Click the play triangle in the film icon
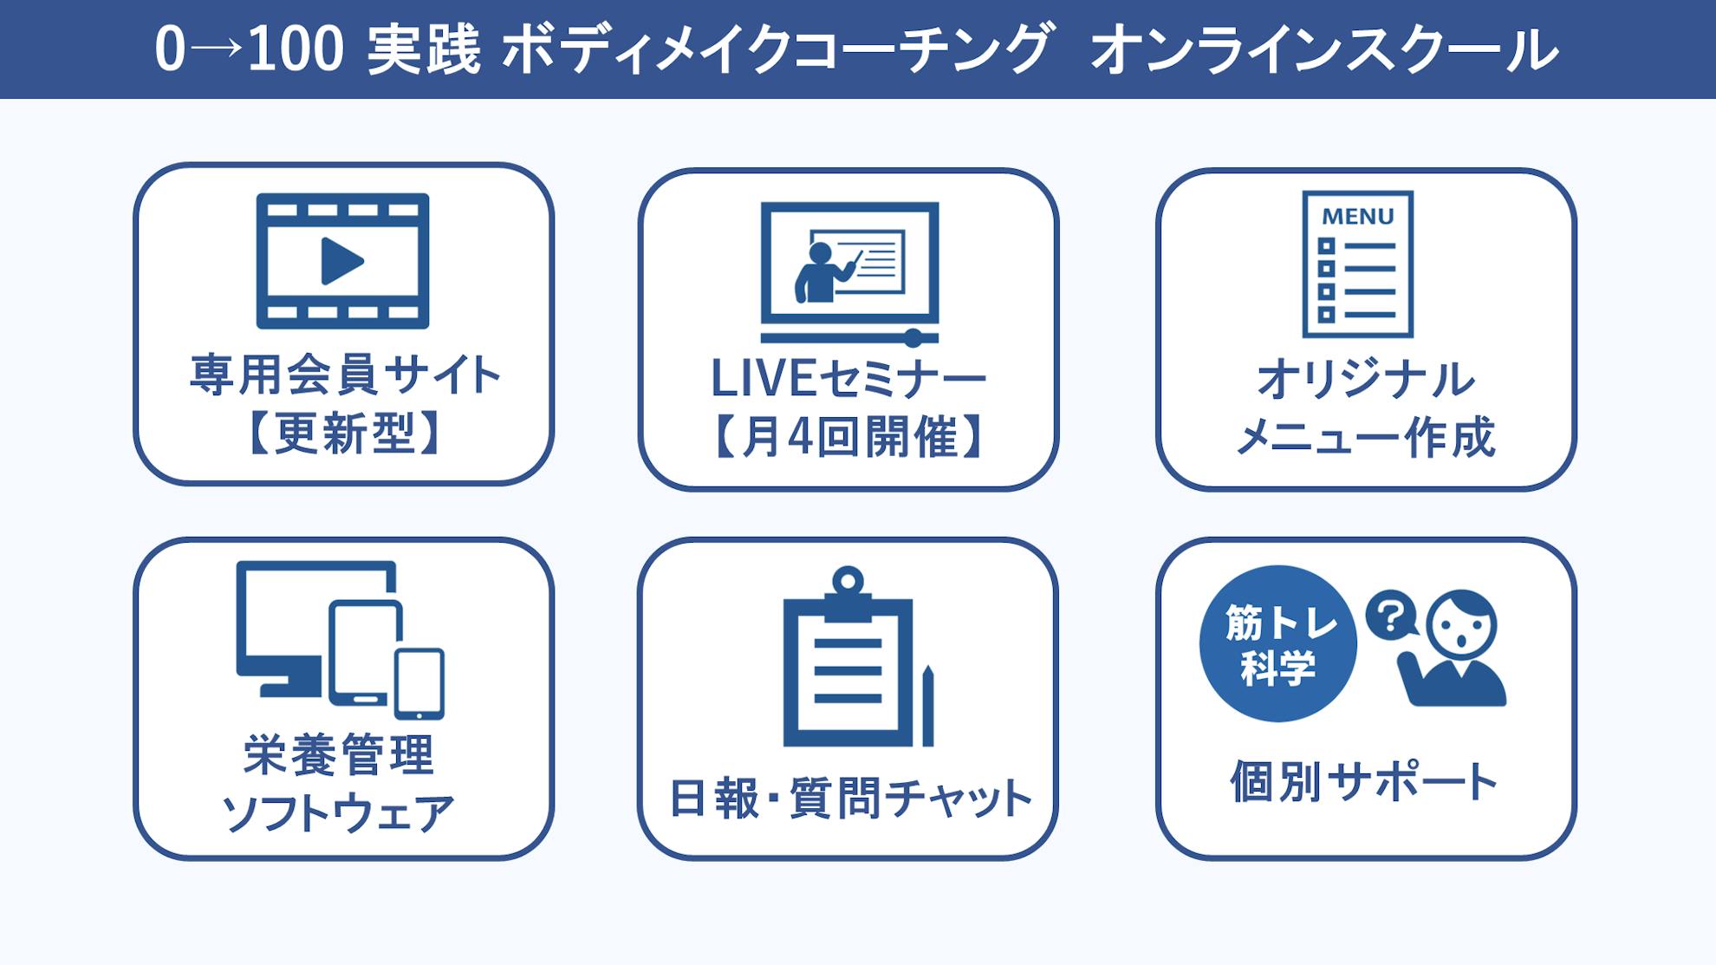[x=341, y=260]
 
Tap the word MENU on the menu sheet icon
[x=1357, y=216]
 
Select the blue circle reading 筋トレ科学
[x=1277, y=643]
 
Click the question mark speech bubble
[x=1391, y=616]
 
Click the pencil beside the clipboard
[x=927, y=705]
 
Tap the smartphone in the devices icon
[x=419, y=684]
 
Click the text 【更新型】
[x=343, y=433]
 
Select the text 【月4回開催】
[x=848, y=436]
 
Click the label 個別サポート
[x=1364, y=781]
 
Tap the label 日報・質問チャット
[x=849, y=799]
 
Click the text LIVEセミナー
[x=848, y=379]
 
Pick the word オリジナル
[x=1365, y=380]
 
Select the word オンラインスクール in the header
[x=1324, y=49]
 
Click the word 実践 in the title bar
[x=424, y=49]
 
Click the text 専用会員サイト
[x=345, y=375]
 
